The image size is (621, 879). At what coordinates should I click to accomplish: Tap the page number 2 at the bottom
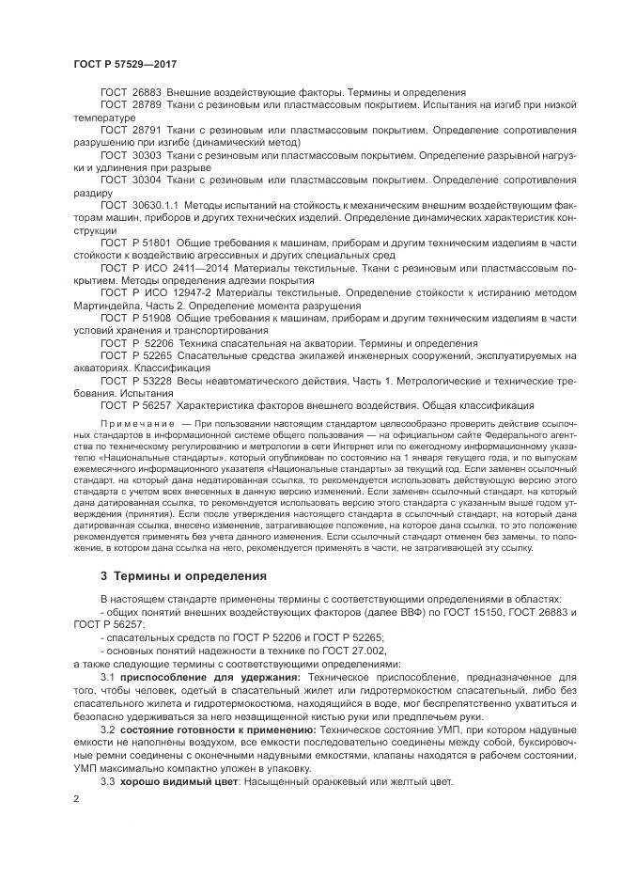coord(75,798)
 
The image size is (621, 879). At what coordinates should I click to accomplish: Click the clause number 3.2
coord(107,729)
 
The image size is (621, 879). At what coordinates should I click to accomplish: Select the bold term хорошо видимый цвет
coord(176,781)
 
